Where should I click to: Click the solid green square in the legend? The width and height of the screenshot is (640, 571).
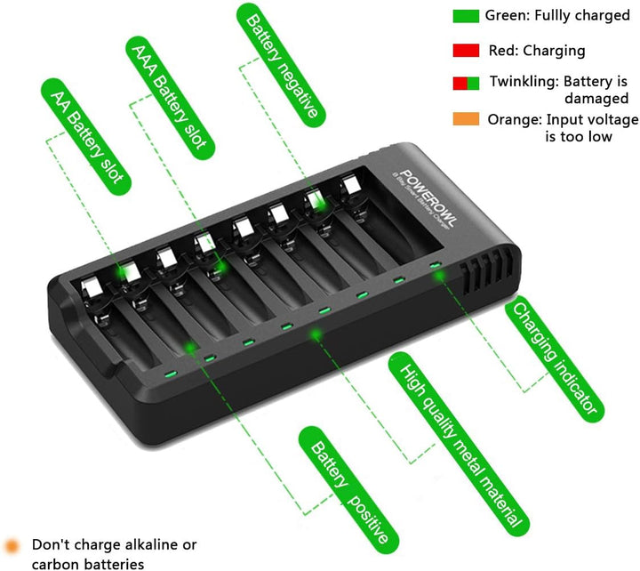click(x=466, y=16)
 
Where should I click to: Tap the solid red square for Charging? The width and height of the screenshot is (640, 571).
click(x=466, y=51)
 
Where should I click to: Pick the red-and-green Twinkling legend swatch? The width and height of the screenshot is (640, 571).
click(x=466, y=83)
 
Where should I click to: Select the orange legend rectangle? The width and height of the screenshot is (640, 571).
click(x=466, y=119)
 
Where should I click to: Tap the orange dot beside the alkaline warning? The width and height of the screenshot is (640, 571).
click(x=12, y=544)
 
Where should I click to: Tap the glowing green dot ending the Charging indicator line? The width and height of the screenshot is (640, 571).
click(x=438, y=276)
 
